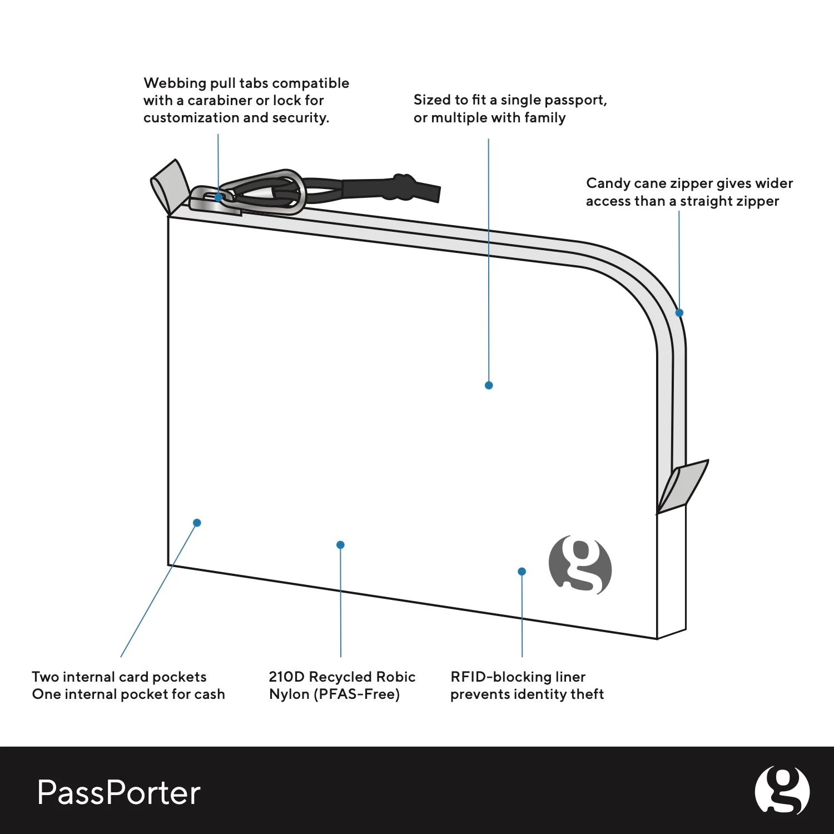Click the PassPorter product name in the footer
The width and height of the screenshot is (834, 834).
[x=118, y=792]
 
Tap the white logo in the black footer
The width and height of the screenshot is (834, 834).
[x=782, y=790]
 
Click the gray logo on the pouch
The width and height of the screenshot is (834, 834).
[x=580, y=565]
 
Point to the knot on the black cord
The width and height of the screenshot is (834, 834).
[x=403, y=187]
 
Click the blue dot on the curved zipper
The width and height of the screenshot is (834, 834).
[x=679, y=313]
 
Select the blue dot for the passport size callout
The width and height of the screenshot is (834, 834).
[x=489, y=385]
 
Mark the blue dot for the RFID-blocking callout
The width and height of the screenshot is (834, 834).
[x=522, y=572]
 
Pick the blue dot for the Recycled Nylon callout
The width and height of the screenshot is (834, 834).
[x=340, y=545]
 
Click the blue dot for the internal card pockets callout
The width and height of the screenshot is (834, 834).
[x=197, y=523]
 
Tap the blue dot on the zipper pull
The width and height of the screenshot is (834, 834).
[x=219, y=197]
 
